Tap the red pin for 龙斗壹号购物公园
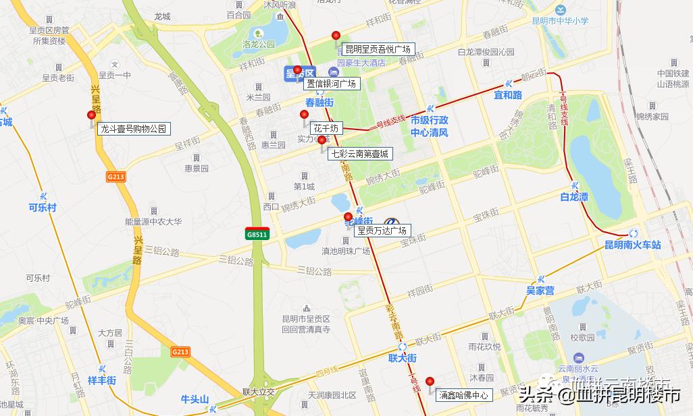tap(91, 116)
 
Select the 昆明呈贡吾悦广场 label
tap(378, 49)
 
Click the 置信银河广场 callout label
tap(331, 84)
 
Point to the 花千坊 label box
tap(326, 128)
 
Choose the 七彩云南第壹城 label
tap(359, 154)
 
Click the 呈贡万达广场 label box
tap(382, 231)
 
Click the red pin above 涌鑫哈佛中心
tap(430, 382)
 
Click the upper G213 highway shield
tap(115, 177)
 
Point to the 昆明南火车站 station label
tap(632, 245)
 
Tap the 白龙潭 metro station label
tap(574, 197)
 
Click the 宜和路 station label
tap(508, 95)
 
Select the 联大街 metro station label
tap(403, 357)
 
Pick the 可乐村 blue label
tap(43, 207)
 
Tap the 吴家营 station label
tap(540, 291)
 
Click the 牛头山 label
tap(195, 398)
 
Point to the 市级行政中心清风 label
tap(430, 126)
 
